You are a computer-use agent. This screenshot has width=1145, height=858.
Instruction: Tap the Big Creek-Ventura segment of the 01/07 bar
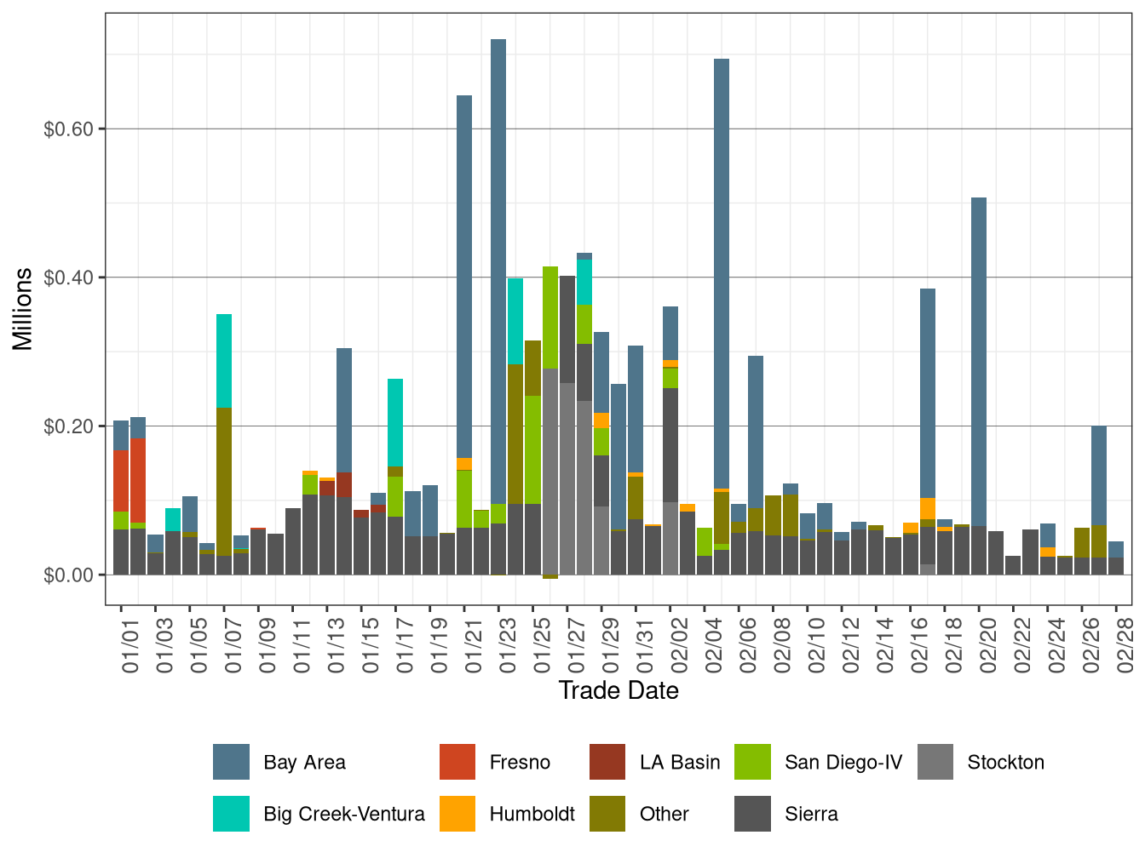point(224,361)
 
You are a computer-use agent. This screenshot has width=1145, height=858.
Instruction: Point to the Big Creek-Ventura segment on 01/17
point(395,422)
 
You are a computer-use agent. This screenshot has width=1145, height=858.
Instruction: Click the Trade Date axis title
point(619,690)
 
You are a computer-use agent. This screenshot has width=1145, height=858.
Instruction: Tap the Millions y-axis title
point(23,308)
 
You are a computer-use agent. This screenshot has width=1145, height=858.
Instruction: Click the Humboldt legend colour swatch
point(457,814)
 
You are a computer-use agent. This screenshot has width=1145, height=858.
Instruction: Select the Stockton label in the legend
point(1005,762)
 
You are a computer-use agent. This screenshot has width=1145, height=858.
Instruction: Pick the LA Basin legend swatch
point(607,762)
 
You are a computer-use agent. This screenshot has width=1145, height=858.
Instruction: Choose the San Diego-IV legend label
point(843,762)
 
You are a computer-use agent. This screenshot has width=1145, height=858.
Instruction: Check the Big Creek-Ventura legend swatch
point(231,814)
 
